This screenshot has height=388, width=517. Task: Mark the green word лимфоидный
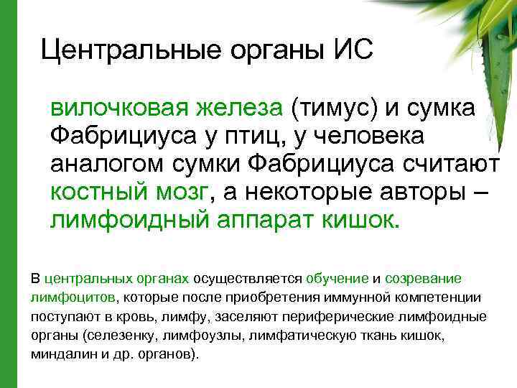[x=129, y=218]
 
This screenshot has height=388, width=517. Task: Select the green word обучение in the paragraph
[x=337, y=278]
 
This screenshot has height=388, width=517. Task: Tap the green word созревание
[x=424, y=278]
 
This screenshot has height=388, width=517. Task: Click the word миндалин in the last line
[x=60, y=355]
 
